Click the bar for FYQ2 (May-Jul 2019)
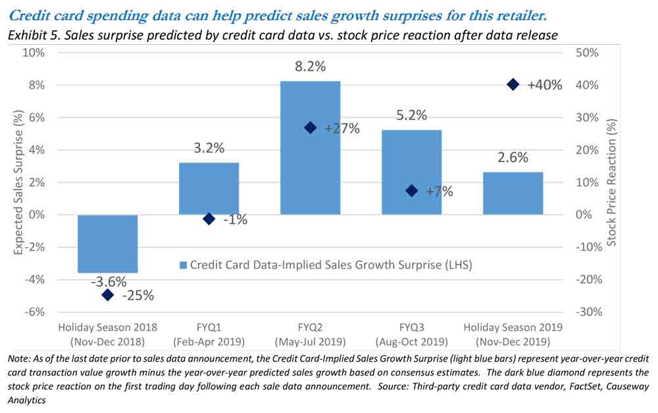point(310,148)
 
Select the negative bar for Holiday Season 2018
point(107,243)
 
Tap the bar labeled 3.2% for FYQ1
point(209,188)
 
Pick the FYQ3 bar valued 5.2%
point(411,172)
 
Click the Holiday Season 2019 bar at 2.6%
point(513,193)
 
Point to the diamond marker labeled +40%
point(513,84)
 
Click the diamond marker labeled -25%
point(108,294)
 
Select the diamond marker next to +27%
point(311,128)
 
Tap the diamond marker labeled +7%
point(412,191)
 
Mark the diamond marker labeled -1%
point(209,219)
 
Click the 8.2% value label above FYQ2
point(310,67)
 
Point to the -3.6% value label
point(107,281)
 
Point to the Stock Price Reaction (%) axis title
point(611,182)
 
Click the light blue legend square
point(184,265)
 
